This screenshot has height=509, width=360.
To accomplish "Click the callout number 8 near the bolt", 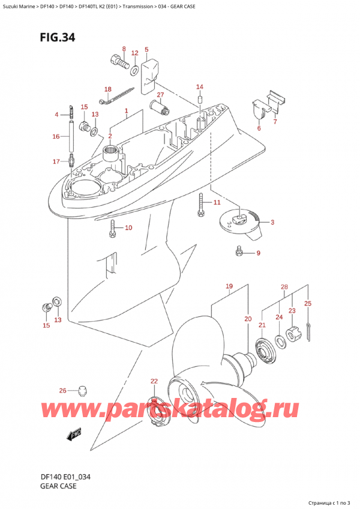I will coord(124,49).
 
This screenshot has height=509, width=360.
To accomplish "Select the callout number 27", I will coord(160,95).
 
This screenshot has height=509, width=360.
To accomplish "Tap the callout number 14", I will coord(200,86).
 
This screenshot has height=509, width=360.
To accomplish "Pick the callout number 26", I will coord(63,391).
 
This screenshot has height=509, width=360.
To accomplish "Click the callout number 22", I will coord(154,382).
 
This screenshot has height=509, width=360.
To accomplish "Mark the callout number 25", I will coord(308,304).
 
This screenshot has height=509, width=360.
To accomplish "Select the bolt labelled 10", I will coord(112,227).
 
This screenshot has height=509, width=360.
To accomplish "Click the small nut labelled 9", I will coord(239,250).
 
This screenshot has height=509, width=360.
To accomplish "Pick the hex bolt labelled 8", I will coord(119,61).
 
